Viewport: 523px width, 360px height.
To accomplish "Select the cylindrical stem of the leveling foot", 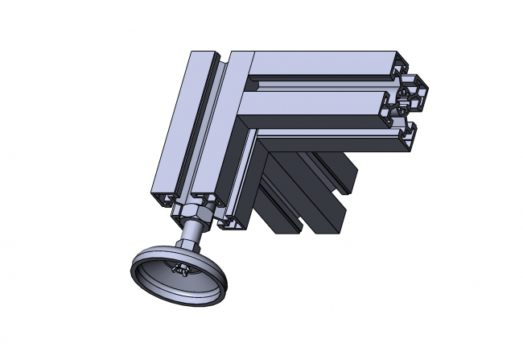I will coord(192,238).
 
